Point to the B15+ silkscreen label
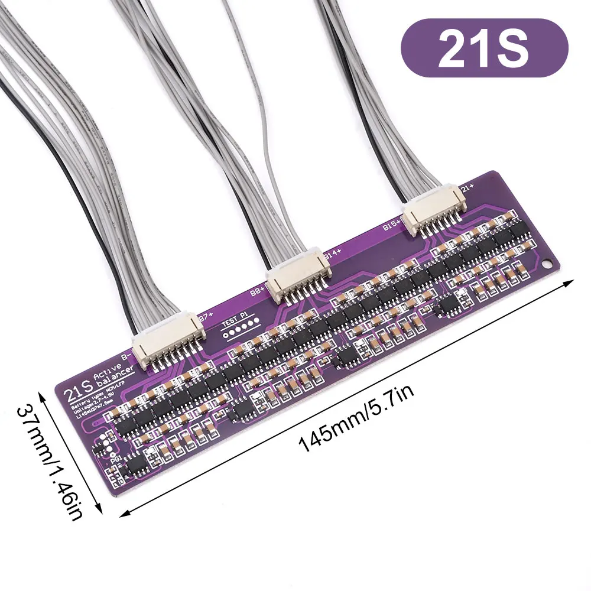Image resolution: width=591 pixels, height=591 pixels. click(x=392, y=225)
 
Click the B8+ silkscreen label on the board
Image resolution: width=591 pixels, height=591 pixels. click(x=258, y=291)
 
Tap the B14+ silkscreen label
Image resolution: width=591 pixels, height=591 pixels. click(x=333, y=255)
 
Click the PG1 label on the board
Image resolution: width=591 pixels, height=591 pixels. click(x=116, y=459)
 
